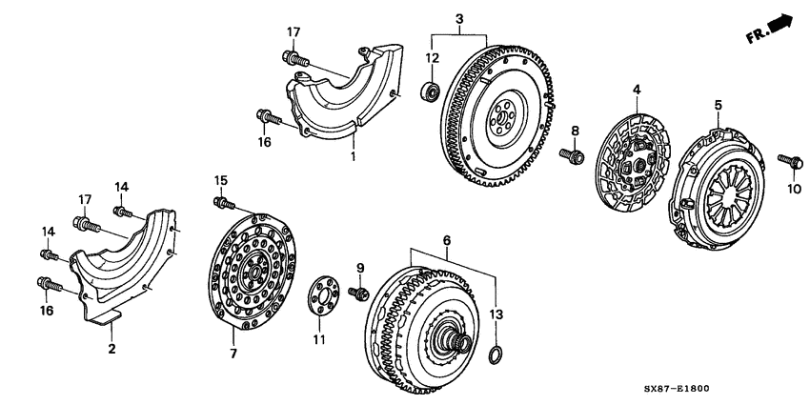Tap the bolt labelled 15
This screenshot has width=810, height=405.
point(225,202)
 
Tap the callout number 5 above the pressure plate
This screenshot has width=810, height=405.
point(719,104)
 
